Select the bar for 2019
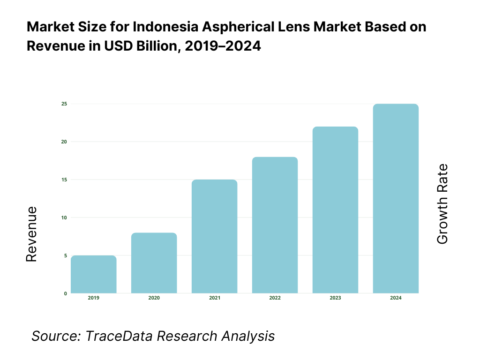(94, 274)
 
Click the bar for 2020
(154, 263)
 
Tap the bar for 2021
(215, 236)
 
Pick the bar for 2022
(275, 225)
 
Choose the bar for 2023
(335, 210)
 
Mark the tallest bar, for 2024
(396, 198)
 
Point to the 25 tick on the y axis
(64, 104)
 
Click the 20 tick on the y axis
(64, 142)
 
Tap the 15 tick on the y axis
(64, 180)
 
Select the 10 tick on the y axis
(64, 217)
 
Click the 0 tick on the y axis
(65, 293)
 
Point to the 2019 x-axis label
(94, 298)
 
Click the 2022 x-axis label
(275, 298)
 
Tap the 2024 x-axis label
(396, 298)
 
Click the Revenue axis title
(31, 234)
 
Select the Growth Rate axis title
(442, 204)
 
